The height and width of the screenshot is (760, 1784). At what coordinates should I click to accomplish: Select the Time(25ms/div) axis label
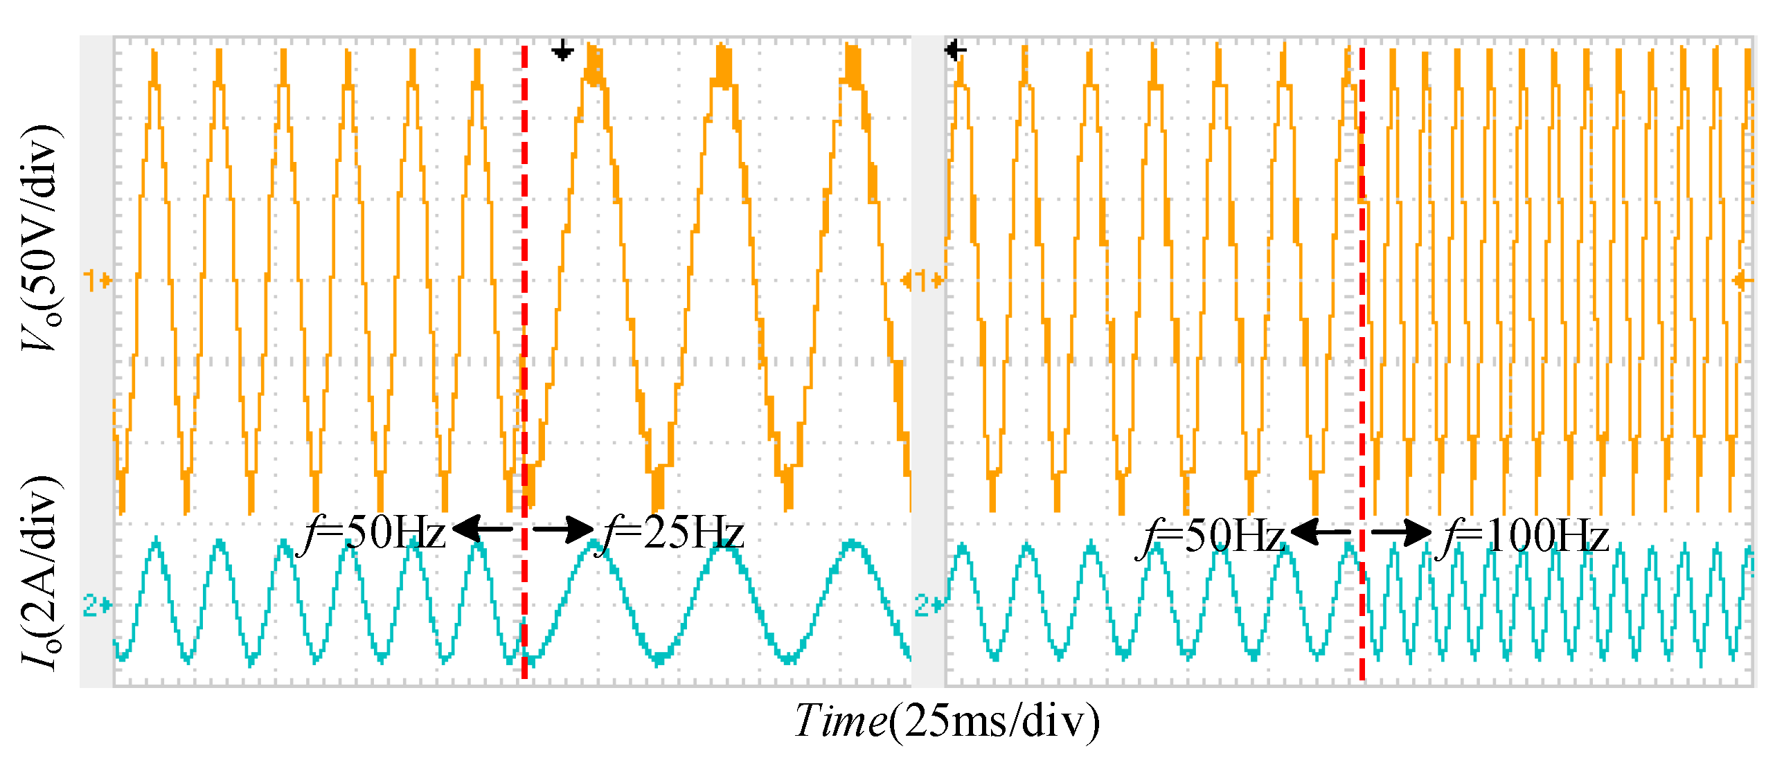pyautogui.click(x=946, y=721)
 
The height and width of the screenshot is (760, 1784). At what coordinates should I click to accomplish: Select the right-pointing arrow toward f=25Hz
pyautogui.click(x=563, y=530)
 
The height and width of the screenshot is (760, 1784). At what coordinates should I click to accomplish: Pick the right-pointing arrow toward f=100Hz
pyautogui.click(x=1401, y=532)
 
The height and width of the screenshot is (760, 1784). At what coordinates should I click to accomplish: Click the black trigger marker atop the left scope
pyautogui.click(x=562, y=51)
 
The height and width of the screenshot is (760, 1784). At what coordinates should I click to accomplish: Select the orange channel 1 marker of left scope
pyautogui.click(x=96, y=280)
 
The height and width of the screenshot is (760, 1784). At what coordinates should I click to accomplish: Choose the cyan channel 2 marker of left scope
pyautogui.click(x=96, y=606)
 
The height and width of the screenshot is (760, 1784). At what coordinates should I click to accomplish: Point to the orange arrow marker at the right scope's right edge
pyautogui.click(x=1742, y=280)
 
